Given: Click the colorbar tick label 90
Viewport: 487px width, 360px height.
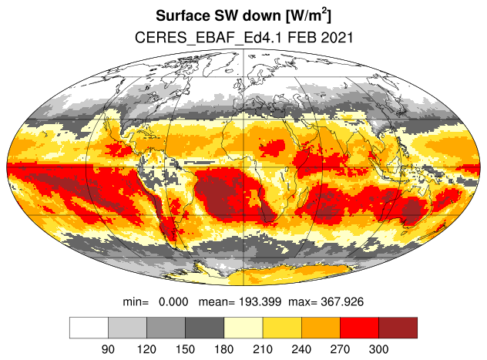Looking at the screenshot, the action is pyautogui.click(x=108, y=349).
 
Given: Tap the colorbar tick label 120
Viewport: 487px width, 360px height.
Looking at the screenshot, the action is pyautogui.click(x=146, y=349).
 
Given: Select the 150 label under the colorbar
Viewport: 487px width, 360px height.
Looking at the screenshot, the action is pyautogui.click(x=185, y=349).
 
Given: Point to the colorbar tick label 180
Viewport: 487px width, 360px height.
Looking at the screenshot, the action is pyautogui.click(x=224, y=349).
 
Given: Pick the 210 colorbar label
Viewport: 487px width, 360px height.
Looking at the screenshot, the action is pyautogui.click(x=263, y=349).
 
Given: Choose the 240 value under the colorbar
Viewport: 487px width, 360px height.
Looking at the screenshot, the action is pyautogui.click(x=301, y=349).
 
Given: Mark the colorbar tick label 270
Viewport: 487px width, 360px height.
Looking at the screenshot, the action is pyautogui.click(x=340, y=349).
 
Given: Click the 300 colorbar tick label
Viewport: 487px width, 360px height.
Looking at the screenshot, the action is pyautogui.click(x=378, y=349).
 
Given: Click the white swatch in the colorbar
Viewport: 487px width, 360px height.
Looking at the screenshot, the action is pyautogui.click(x=89, y=328).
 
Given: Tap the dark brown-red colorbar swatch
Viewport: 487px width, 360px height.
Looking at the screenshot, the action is pyautogui.click(x=398, y=328).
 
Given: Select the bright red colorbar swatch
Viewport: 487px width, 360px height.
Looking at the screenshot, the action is pyautogui.click(x=359, y=328).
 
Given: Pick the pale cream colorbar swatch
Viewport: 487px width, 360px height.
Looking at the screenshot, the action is pyautogui.click(x=243, y=328).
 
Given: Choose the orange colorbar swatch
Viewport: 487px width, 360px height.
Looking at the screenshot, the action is pyautogui.click(x=321, y=328).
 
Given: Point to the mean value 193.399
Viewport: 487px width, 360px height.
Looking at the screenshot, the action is pyautogui.click(x=260, y=301).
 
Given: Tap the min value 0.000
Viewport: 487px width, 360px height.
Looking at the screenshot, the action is pyautogui.click(x=173, y=301).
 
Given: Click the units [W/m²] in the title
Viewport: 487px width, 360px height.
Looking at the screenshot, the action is pyautogui.click(x=308, y=15).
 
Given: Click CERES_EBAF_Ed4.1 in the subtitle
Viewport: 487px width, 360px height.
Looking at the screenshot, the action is pyautogui.click(x=208, y=38).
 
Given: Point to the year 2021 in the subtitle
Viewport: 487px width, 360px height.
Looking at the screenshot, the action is pyautogui.click(x=337, y=38).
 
